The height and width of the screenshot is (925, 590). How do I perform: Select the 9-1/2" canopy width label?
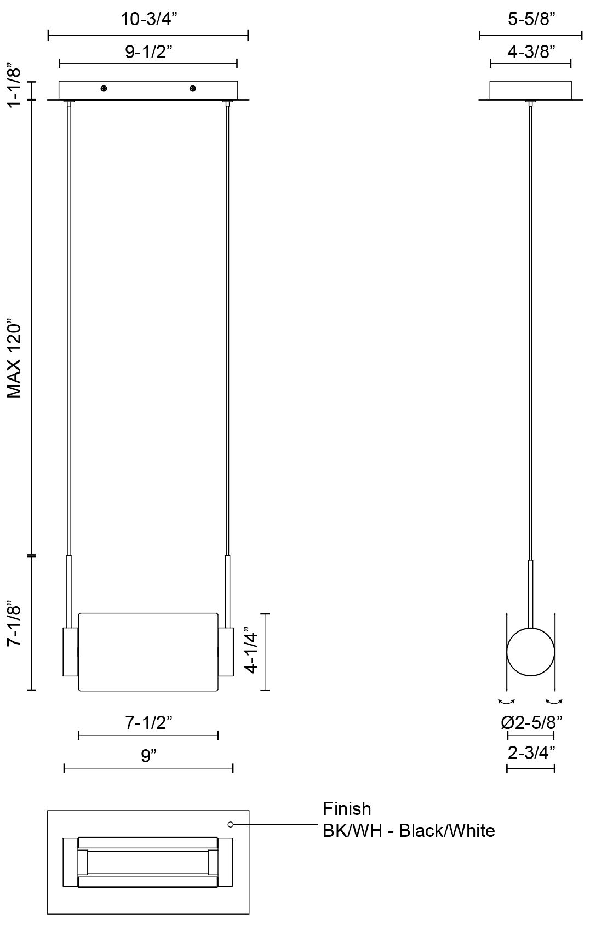point(149,51)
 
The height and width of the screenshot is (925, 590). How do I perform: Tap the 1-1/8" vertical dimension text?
point(14,85)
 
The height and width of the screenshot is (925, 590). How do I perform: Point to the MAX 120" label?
point(14,359)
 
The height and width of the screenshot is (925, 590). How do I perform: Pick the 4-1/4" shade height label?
point(251,650)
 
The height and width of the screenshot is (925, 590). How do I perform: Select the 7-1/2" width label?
point(149,723)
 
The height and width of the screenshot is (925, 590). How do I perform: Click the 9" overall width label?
point(149,756)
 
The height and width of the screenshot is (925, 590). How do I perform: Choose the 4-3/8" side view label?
point(531,51)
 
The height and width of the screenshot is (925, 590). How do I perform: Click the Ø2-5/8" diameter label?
point(531,723)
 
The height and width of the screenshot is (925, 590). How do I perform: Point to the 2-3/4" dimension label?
point(531,753)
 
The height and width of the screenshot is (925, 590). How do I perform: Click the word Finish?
point(347,809)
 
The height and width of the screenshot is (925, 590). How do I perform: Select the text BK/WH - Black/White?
point(409,830)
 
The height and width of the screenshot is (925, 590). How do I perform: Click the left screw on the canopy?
point(104,88)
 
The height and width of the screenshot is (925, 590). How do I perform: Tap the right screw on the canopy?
point(192,88)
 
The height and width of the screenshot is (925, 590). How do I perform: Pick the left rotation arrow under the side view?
point(507,701)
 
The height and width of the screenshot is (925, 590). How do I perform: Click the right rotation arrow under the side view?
point(555,701)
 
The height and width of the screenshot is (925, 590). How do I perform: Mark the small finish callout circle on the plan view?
point(231,824)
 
